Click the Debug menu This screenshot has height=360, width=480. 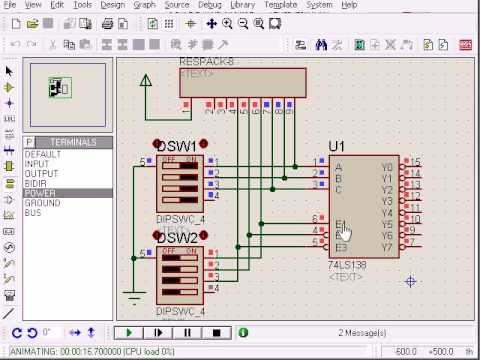click(x=210, y=5)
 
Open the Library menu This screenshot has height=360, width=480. click(x=241, y=5)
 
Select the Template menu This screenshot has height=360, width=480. click(x=280, y=5)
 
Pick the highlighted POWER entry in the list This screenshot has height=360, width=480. click(x=40, y=193)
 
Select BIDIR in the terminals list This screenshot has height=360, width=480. click(x=37, y=184)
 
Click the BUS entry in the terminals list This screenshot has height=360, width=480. click(x=32, y=213)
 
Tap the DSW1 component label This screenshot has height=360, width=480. click(x=176, y=146)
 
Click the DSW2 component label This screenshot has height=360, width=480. click(x=176, y=238)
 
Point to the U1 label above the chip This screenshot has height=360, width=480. click(x=338, y=147)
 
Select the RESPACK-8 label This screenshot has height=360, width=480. click(x=206, y=62)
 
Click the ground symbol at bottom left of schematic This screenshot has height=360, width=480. click(x=131, y=293)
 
